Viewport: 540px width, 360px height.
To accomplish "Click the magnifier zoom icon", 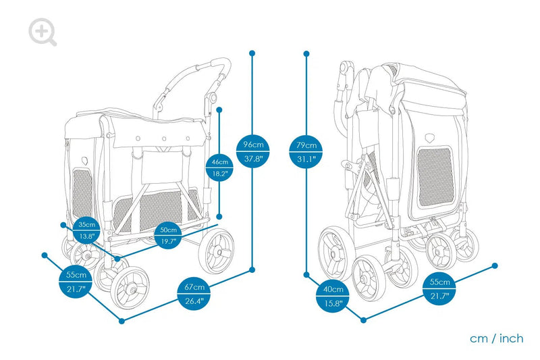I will click(43, 32).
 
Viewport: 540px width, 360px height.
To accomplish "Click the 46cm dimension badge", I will click(219, 167).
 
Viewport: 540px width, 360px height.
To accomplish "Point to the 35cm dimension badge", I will click(86, 230).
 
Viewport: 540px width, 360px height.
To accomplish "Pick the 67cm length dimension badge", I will click(194, 295).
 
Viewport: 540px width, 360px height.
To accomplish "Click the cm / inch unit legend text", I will click(497, 338).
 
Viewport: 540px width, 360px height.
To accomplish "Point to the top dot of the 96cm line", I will click(252, 53).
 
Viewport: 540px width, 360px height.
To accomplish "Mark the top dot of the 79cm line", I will click(307, 53).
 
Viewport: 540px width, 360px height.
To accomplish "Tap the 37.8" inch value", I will click(252, 159).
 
